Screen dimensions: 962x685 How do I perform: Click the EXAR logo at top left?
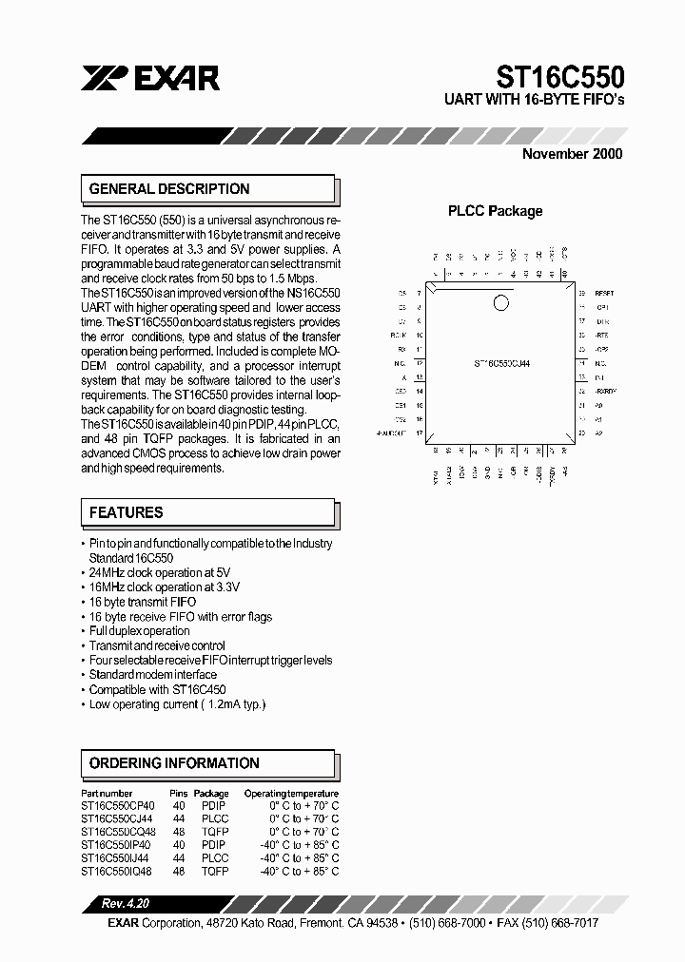click(x=151, y=79)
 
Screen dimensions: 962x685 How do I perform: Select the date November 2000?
click(x=573, y=154)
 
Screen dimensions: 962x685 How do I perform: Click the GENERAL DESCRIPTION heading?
click(x=169, y=189)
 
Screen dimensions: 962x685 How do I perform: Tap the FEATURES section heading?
click(x=127, y=512)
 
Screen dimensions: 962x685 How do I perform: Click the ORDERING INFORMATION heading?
click(x=174, y=763)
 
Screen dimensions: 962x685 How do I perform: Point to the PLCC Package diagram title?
click(x=495, y=211)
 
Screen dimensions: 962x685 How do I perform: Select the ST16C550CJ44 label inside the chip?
click(x=501, y=363)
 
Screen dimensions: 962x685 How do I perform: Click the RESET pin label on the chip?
click(x=605, y=294)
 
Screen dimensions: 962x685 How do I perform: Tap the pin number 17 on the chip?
click(x=419, y=433)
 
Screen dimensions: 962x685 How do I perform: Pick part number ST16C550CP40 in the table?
click(x=118, y=805)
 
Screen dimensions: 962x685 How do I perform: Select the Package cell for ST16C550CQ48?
click(x=214, y=831)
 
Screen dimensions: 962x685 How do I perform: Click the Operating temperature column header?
click(x=291, y=793)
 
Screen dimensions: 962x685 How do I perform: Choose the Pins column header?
click(x=179, y=793)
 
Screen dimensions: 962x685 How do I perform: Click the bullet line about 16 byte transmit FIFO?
click(x=143, y=603)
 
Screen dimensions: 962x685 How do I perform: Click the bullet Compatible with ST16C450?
click(x=157, y=689)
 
